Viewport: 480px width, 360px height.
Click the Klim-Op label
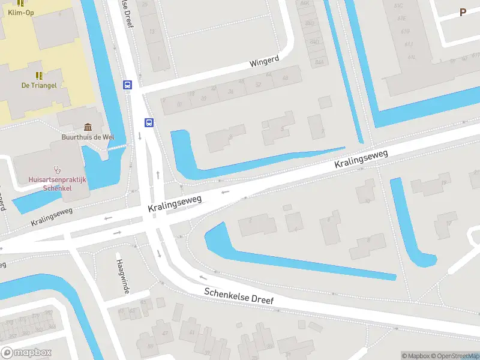pos(20,12)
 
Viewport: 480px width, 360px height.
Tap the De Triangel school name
pos(39,85)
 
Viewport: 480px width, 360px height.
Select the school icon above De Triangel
pos(39,75)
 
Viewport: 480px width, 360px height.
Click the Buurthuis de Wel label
pos(88,137)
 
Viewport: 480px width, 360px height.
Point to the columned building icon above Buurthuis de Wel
pos(88,127)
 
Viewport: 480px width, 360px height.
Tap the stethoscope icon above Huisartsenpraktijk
pos(58,170)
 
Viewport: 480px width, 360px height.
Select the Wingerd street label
pos(265,62)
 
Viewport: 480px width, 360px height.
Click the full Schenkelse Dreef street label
pos(238,296)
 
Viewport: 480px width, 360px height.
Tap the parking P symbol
pos(463,12)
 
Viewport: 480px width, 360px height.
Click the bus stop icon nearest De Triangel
pos(127,85)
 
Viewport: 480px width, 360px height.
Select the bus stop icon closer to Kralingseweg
pos(149,122)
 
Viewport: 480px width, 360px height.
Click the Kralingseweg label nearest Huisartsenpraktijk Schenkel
pos(52,217)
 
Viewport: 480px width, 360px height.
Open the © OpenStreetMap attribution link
pos(454,356)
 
